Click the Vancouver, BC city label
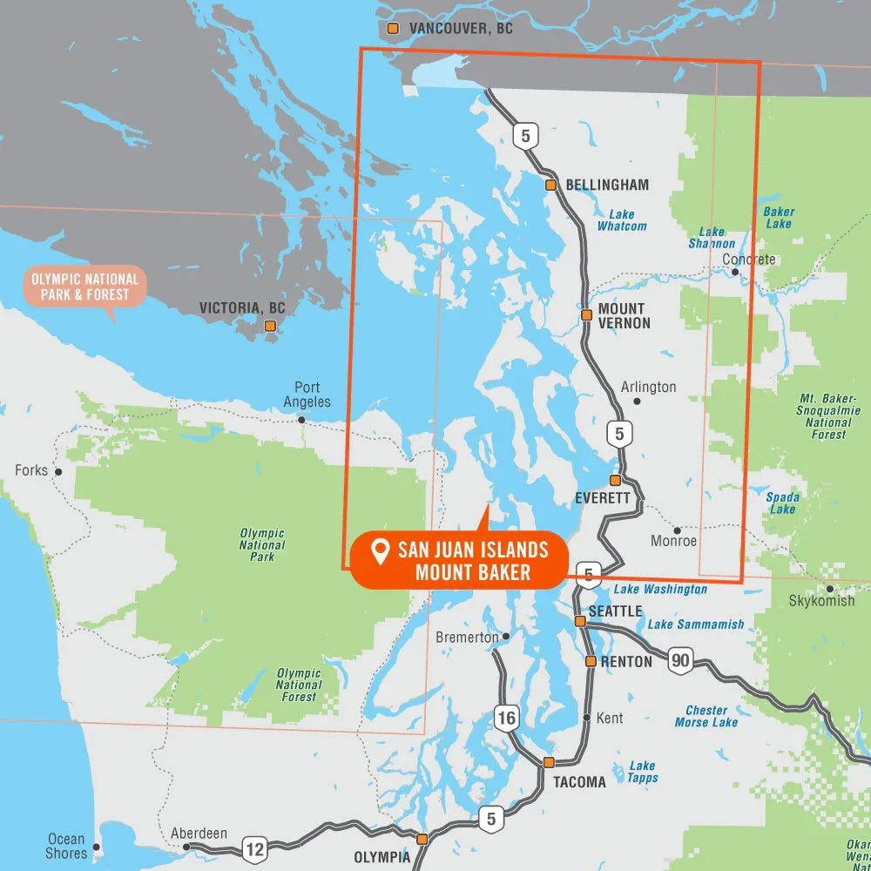(x=461, y=29)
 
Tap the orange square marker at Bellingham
(x=550, y=186)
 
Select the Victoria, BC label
(x=242, y=308)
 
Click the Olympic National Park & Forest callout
(x=84, y=287)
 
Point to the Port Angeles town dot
(x=301, y=420)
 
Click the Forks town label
(x=31, y=470)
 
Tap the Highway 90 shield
(x=680, y=661)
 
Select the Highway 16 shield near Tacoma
(x=507, y=718)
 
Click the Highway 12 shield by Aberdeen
(x=255, y=847)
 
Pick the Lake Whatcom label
(x=622, y=220)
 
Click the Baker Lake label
(x=779, y=218)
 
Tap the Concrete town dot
(x=735, y=273)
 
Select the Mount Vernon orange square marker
(x=586, y=314)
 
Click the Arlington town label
(x=648, y=387)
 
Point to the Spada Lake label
(x=782, y=503)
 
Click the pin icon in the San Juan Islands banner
(x=380, y=550)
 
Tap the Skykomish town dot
(x=829, y=589)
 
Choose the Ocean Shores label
(x=66, y=847)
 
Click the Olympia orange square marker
(x=422, y=840)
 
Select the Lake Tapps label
(x=643, y=772)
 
